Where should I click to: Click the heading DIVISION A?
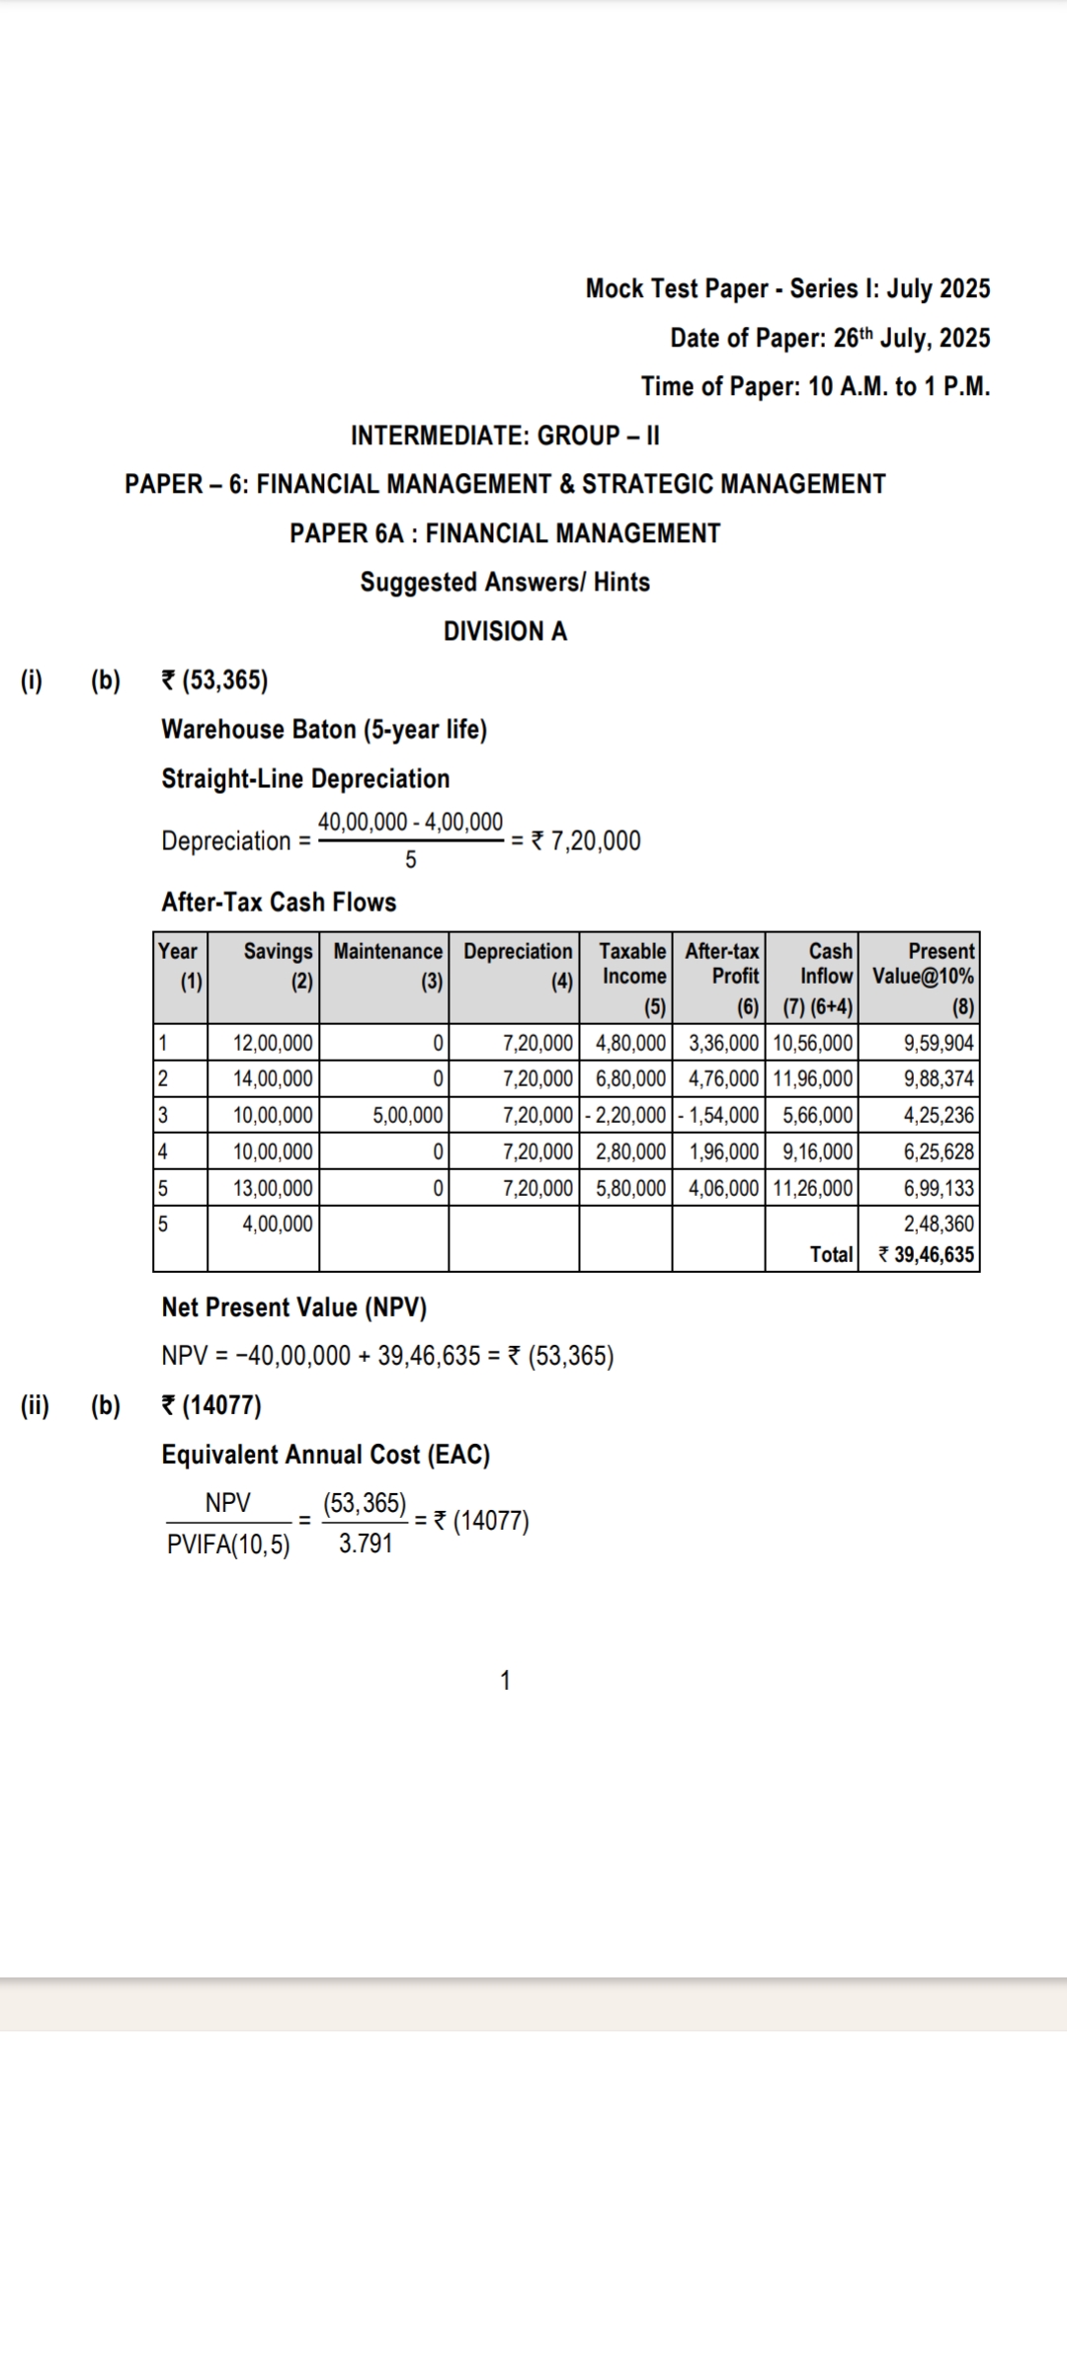click(x=505, y=631)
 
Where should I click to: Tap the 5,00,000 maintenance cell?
click(x=407, y=1116)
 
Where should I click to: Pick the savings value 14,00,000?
click(x=273, y=1079)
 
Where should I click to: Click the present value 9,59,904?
click(x=939, y=1043)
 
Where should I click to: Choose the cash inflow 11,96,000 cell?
click(x=812, y=1079)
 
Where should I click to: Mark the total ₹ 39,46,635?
click(x=926, y=1255)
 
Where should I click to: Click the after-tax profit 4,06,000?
click(x=723, y=1188)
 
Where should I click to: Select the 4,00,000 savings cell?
click(x=278, y=1225)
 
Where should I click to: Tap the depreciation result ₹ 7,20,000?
click(x=586, y=841)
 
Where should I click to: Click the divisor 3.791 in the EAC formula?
click(x=366, y=1544)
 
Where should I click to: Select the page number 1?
click(x=506, y=1681)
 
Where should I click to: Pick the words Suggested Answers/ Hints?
click(x=505, y=583)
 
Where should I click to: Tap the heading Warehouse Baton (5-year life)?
click(x=324, y=730)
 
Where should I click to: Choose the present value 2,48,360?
click(x=939, y=1225)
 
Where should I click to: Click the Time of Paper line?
click(x=815, y=386)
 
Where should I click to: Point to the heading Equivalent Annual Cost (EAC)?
click(x=326, y=1455)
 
